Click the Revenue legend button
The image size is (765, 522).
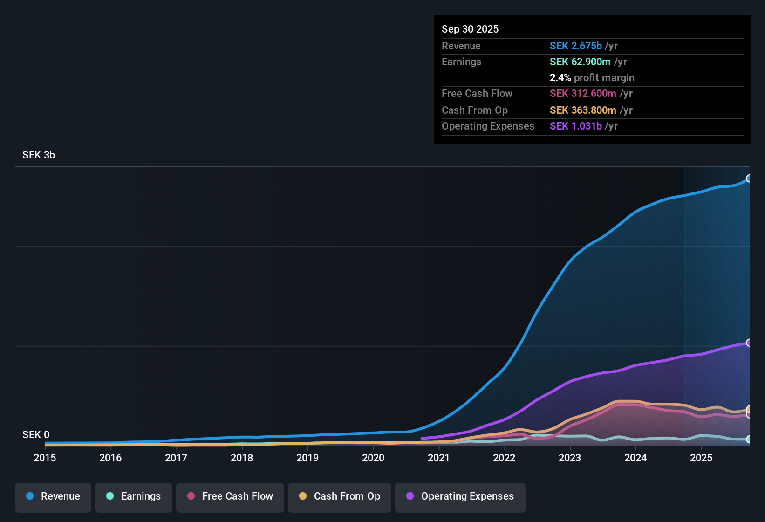tap(53, 496)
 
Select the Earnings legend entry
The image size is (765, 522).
tap(133, 496)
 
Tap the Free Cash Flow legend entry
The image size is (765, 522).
tap(230, 496)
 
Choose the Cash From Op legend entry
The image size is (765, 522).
tap(340, 496)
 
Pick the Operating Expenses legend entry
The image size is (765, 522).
tap(460, 496)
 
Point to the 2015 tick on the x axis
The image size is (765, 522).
tap(45, 458)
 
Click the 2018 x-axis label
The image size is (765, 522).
tap(242, 458)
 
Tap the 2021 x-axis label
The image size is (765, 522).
tap(438, 458)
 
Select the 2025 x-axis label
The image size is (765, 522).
tap(701, 458)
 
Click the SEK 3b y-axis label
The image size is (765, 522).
tap(39, 155)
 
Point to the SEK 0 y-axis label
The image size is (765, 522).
tap(36, 435)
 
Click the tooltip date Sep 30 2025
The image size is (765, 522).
tap(470, 29)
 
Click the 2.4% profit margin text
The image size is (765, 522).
tap(592, 78)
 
